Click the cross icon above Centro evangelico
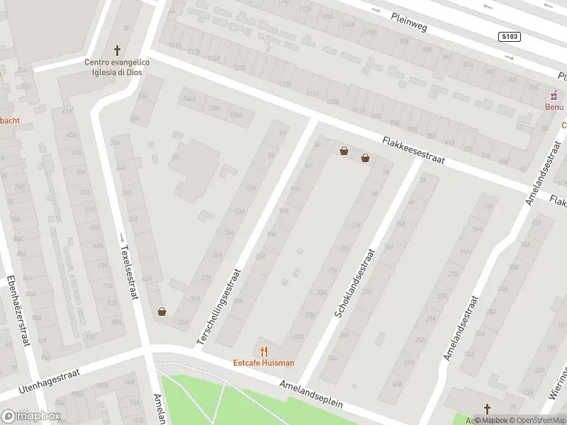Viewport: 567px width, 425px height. tap(118, 51)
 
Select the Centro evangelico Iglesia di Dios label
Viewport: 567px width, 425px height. tap(117, 67)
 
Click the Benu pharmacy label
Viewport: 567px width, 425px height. tap(554, 107)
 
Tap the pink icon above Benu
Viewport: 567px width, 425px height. tap(556, 96)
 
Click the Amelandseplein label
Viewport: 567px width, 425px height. tap(311, 392)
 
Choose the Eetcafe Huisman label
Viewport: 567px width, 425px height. tap(264, 363)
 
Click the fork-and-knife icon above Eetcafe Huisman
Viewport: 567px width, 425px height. tap(264, 351)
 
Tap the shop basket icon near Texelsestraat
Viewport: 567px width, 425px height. tap(162, 311)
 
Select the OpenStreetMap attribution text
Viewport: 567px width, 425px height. tap(537, 419)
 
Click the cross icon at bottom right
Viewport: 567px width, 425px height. tap(487, 408)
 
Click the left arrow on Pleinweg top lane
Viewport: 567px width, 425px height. tap(486, 7)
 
